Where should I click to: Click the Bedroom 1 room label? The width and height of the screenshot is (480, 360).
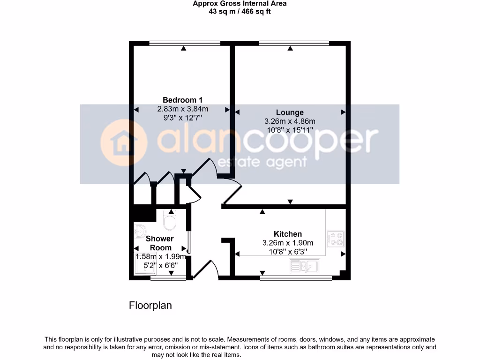[182, 100]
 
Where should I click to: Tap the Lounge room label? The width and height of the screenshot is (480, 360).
[290, 112]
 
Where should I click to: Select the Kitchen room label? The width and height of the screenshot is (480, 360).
[288, 234]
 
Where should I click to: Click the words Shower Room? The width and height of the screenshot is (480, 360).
[161, 243]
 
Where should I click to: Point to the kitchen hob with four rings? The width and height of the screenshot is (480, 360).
[336, 239]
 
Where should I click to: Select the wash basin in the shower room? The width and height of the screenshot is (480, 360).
[139, 231]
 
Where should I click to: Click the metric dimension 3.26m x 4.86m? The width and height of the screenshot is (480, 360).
[290, 121]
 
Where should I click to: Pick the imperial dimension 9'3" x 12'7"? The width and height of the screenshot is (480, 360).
[182, 118]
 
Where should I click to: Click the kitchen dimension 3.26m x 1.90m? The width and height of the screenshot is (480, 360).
[288, 243]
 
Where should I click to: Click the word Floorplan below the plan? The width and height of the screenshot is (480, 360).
[150, 306]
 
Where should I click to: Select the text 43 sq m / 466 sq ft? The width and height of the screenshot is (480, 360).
[240, 11]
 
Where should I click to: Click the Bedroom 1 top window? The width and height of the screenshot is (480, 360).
[184, 44]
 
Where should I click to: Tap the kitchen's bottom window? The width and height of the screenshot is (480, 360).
[296, 278]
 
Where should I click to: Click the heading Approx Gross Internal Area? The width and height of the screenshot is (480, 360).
[240, 4]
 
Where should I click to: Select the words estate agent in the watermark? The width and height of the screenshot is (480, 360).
[263, 162]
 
